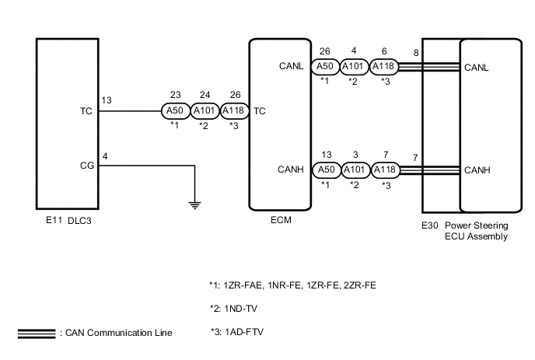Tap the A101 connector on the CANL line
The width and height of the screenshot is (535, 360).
click(x=355, y=67)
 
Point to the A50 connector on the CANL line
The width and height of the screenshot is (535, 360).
click(x=325, y=67)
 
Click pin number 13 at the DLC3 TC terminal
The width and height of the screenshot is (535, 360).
click(x=107, y=100)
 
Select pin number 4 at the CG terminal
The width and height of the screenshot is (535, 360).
click(x=105, y=156)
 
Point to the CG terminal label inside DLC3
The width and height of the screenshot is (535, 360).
click(x=86, y=165)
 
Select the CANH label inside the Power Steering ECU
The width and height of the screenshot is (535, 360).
click(x=477, y=170)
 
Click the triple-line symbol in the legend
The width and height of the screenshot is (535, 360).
click(x=36, y=333)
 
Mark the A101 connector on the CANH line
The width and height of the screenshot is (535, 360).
click(x=355, y=170)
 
